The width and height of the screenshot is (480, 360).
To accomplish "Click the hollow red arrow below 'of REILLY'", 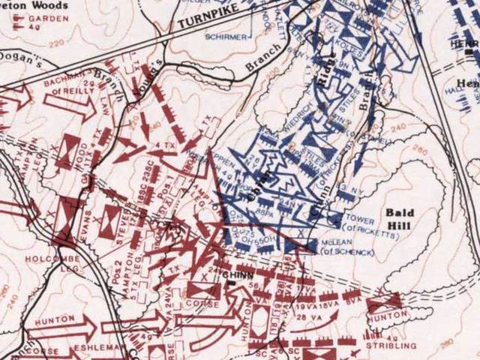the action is [75, 107].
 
